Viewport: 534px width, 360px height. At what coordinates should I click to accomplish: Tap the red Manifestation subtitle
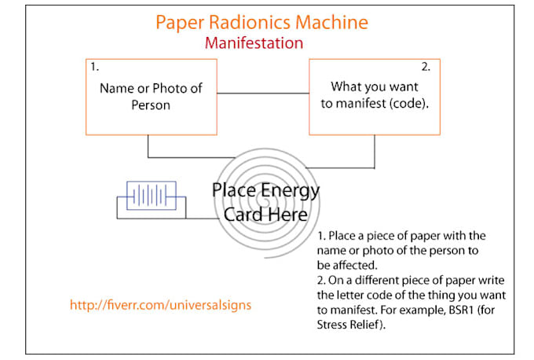254,42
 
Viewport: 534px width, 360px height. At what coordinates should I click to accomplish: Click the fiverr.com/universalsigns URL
161,304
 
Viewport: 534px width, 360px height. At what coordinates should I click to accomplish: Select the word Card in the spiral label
242,214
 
